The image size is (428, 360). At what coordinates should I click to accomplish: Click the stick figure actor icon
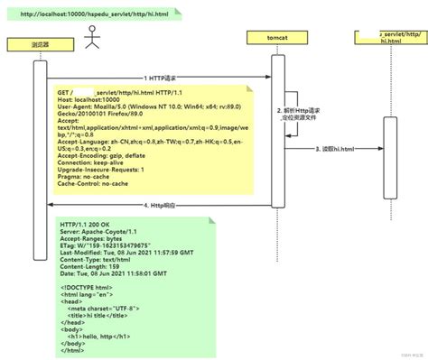pos(90,37)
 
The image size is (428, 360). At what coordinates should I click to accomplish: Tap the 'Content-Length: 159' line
pos(90,266)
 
